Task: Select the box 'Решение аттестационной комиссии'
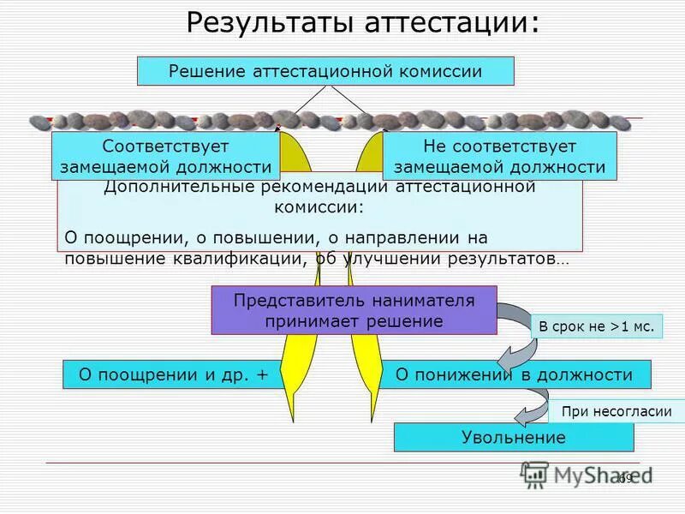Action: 325,71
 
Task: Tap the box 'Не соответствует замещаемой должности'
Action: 499,156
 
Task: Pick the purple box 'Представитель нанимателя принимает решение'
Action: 354,310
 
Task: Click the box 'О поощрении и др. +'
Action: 174,374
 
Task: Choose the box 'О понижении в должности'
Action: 515,374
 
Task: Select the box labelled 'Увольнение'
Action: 514,438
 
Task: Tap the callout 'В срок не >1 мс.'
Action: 597,327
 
